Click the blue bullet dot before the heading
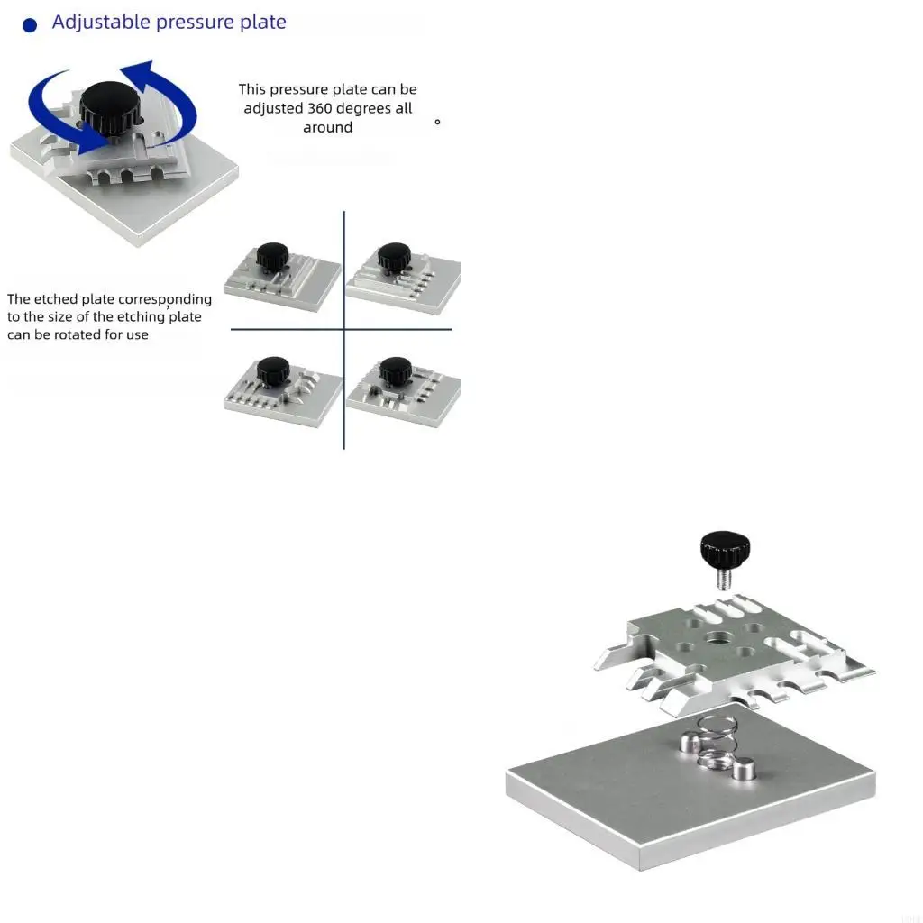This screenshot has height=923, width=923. pyautogui.click(x=30, y=25)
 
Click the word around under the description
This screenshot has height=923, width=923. pyautogui.click(x=327, y=128)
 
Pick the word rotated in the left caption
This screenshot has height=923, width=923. pyautogui.click(x=87, y=335)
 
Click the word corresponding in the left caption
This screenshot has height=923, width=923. pyautogui.click(x=165, y=299)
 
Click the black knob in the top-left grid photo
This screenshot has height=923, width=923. pyautogui.click(x=272, y=255)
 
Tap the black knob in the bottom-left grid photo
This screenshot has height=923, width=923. pyautogui.click(x=272, y=370)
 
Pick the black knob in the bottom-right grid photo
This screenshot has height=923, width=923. pyautogui.click(x=395, y=370)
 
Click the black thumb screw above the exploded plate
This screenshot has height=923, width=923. pyautogui.click(x=725, y=547)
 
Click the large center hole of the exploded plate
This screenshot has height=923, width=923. pyautogui.click(x=718, y=638)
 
